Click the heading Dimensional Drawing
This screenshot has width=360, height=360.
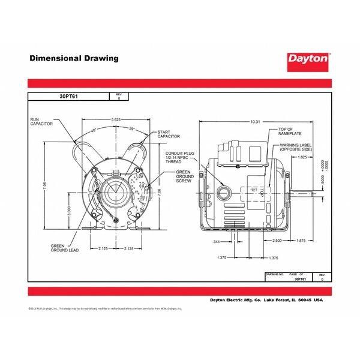pos(74,58)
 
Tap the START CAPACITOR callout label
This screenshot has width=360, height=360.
pos(169,134)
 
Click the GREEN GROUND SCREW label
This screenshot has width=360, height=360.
pos(184,178)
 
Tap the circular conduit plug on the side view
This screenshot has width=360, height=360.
pos(223,191)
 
